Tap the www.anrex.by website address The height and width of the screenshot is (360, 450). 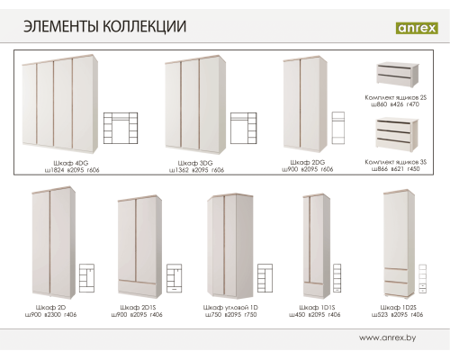pos(392,338)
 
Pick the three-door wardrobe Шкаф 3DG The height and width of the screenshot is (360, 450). pos(192,103)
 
